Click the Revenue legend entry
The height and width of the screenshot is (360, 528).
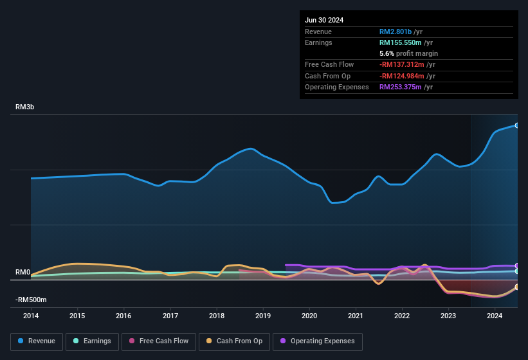pyautogui.click(x=37, y=341)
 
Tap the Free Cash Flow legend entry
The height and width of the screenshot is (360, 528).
pyautogui.click(x=159, y=341)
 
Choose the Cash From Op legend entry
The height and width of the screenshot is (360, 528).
pyautogui.click(x=234, y=341)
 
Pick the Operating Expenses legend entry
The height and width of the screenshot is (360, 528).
pyautogui.click(x=318, y=341)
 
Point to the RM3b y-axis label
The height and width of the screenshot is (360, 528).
pyautogui.click(x=24, y=107)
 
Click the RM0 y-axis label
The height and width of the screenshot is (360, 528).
pyautogui.click(x=23, y=273)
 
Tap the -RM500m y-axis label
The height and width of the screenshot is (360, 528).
pyautogui.click(x=31, y=300)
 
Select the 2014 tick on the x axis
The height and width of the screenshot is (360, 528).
pyautogui.click(x=31, y=316)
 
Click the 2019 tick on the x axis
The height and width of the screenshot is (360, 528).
pyautogui.click(x=263, y=316)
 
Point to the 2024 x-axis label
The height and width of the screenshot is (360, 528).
pyautogui.click(x=495, y=316)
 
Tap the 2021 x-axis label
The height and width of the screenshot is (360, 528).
pyautogui.click(x=356, y=316)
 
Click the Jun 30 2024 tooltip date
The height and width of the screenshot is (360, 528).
pyautogui.click(x=324, y=20)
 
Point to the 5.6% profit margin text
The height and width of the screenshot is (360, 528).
pyautogui.click(x=408, y=53)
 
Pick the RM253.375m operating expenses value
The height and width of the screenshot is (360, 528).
pyautogui.click(x=406, y=87)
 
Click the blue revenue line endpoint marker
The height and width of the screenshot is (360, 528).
pyautogui.click(x=516, y=125)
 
